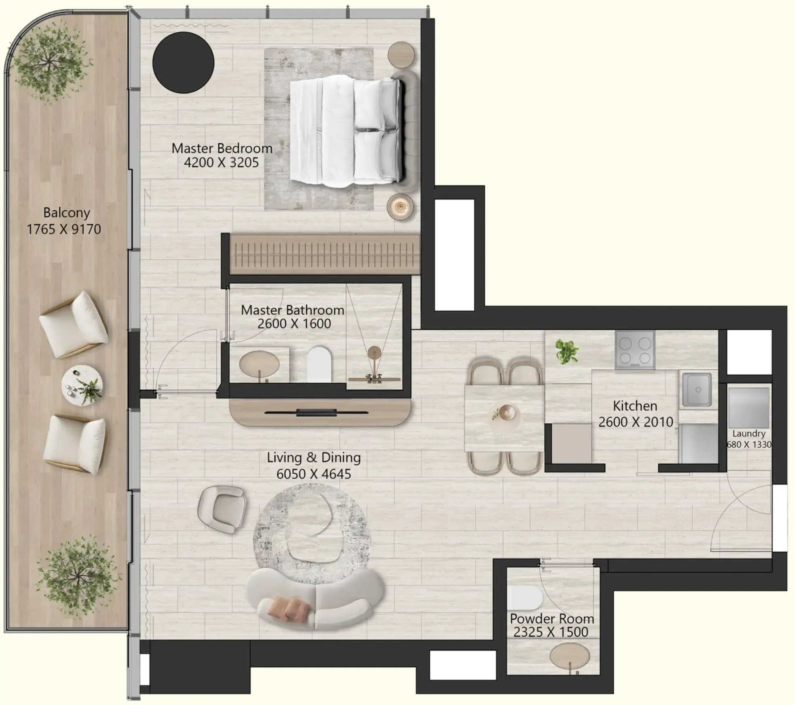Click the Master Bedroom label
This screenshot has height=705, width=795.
point(222,148)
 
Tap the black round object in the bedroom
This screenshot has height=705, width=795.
point(183,63)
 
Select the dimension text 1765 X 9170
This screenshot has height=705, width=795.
point(64,229)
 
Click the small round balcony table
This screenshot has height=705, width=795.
point(82,386)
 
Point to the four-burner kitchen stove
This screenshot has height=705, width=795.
point(635,350)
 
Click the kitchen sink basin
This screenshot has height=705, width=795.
point(697,390)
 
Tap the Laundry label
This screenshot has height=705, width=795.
point(749,433)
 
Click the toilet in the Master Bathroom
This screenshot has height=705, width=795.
point(319,364)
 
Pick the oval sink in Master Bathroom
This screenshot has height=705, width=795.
point(259,364)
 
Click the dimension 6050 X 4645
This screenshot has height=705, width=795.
point(313,474)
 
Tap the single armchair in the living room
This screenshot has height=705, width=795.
point(222,509)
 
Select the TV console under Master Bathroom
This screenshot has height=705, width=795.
point(319,412)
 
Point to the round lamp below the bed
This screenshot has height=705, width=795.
point(400,207)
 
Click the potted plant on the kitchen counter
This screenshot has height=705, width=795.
point(567,350)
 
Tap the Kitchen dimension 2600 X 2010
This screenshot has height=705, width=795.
point(635,422)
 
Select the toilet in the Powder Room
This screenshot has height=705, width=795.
point(525,598)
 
